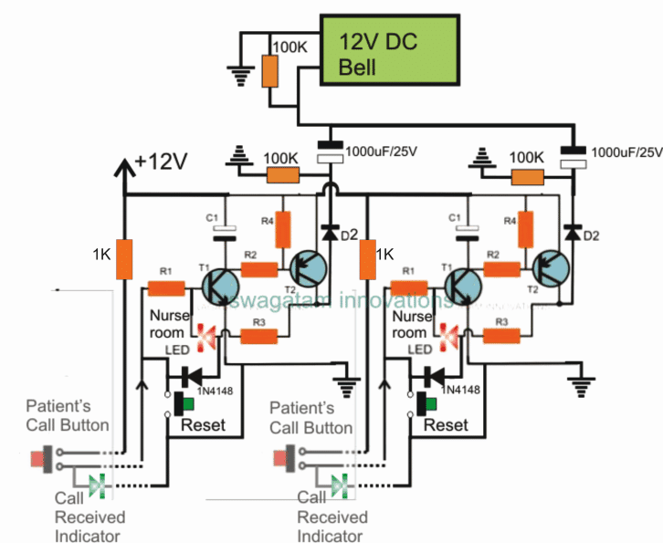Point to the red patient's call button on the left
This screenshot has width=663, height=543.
pos(41,459)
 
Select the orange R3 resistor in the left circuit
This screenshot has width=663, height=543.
pos(258,337)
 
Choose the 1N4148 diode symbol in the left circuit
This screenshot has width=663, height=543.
pos(195,374)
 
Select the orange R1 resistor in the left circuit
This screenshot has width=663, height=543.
pos(167,288)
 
